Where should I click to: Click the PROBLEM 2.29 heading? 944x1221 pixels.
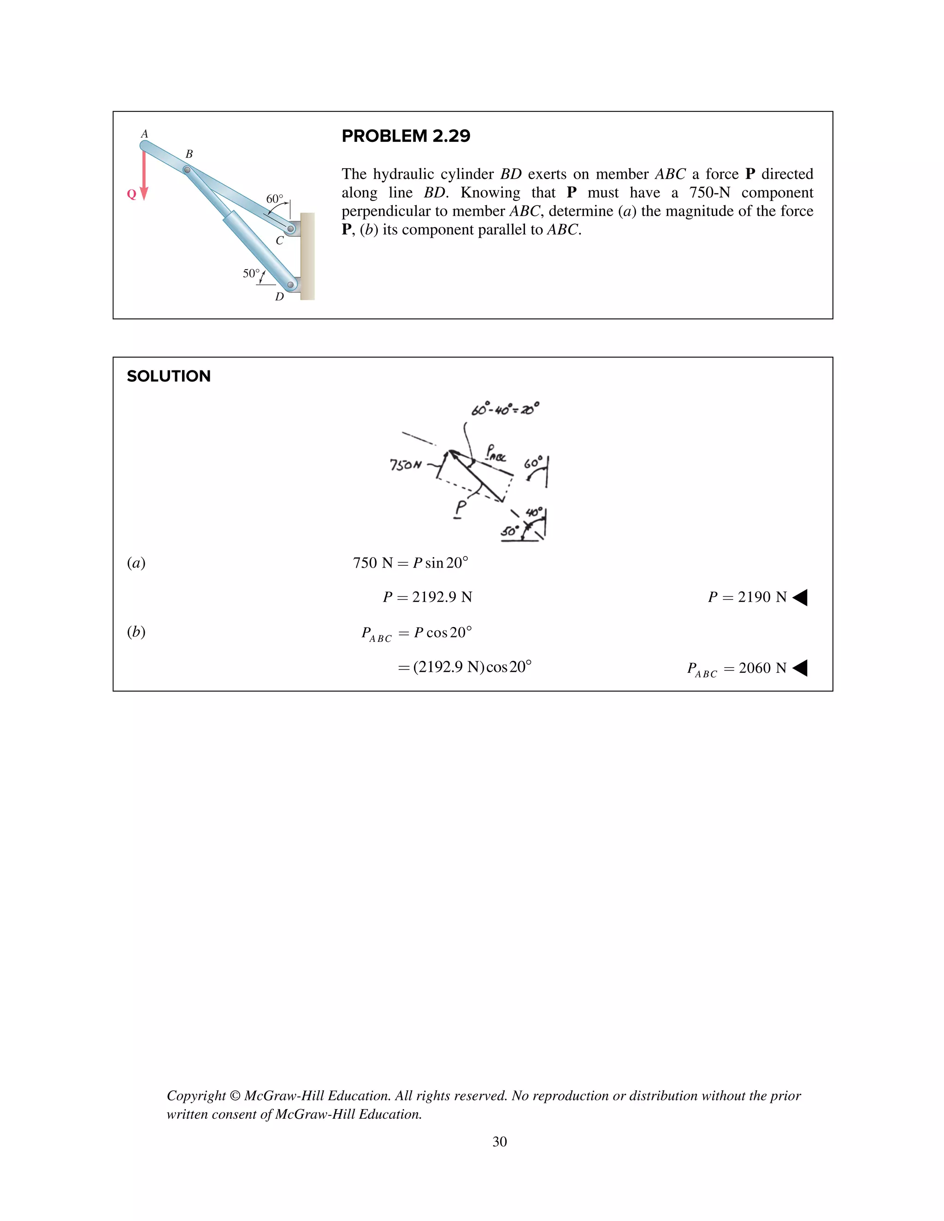[406, 136]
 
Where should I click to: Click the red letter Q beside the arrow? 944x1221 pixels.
[131, 194]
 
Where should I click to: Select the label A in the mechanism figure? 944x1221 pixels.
[144, 134]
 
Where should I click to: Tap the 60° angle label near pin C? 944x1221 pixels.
[274, 199]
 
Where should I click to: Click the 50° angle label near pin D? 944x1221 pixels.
[251, 273]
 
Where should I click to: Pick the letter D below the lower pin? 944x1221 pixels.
[279, 297]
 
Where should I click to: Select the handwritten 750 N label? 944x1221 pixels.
[406, 464]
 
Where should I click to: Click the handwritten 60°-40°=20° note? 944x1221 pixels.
[505, 409]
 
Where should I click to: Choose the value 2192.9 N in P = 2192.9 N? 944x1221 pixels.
[442, 597]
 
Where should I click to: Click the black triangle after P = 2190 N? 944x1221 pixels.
[800, 598]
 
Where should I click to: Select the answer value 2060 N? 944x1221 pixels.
[762, 668]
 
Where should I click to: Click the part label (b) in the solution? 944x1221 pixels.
[136, 632]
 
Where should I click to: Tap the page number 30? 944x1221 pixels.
[499, 1142]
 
